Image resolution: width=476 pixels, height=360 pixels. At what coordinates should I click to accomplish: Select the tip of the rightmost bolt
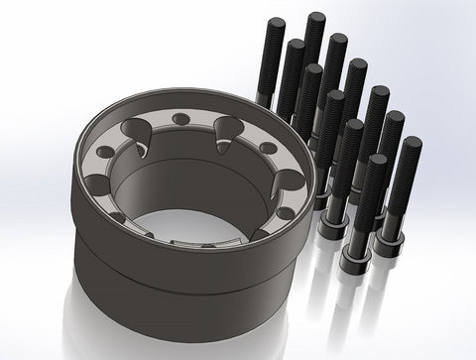click(412, 143)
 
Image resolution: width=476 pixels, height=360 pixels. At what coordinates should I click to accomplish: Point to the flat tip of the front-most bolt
click(376, 160)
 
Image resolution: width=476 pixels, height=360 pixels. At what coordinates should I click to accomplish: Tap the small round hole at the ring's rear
click(180, 119)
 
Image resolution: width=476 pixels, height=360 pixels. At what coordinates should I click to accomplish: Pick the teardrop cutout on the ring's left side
click(98, 188)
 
